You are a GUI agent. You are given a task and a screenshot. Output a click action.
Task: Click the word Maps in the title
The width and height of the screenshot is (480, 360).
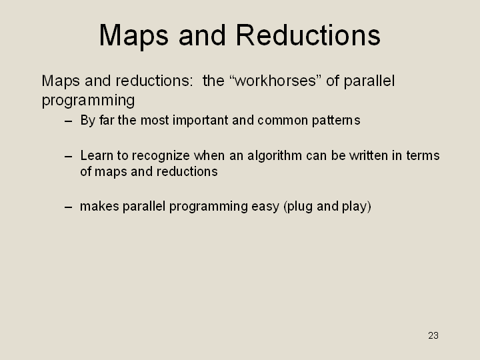pos(134,36)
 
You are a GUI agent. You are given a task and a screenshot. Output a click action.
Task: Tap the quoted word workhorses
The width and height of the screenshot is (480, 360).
pos(275,81)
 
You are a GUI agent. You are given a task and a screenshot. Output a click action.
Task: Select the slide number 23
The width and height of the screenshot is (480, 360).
pos(433,335)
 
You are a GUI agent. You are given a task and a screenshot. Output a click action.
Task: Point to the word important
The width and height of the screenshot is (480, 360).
pos(201,120)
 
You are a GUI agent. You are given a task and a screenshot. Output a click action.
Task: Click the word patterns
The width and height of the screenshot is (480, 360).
pos(336,121)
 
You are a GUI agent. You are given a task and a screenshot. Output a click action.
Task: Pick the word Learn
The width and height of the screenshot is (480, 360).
pos(97,155)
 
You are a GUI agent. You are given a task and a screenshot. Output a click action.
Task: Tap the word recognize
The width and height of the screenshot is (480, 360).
pos(161,156)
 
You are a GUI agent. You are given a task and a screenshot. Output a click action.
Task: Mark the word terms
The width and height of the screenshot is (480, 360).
pos(423,156)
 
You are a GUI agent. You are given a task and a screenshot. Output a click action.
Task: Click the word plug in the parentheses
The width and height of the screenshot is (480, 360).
pos(299,207)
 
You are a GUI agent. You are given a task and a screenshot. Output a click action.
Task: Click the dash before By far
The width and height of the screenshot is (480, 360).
pos(69,121)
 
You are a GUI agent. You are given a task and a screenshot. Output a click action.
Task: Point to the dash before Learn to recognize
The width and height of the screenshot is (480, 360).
pos(69,157)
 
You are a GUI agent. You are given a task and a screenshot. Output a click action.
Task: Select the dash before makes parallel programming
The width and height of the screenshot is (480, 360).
pos(69,207)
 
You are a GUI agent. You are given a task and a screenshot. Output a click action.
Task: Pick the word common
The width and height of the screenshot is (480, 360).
pos(283,121)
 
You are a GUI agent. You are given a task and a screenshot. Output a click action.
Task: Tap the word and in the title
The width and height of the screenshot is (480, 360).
pos(202,35)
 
